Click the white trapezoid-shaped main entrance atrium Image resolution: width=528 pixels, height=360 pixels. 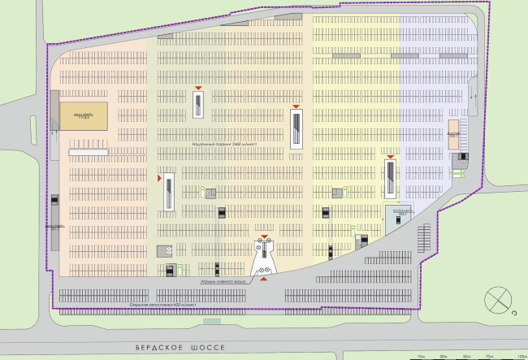coord(264,258)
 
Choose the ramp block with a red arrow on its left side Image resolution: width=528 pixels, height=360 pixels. coord(169,191)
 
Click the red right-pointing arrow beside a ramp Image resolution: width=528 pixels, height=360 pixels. coord(160,176)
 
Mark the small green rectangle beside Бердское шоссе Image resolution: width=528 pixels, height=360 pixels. coord(213,321)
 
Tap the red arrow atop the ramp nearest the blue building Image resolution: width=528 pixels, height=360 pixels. coord(391,156)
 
